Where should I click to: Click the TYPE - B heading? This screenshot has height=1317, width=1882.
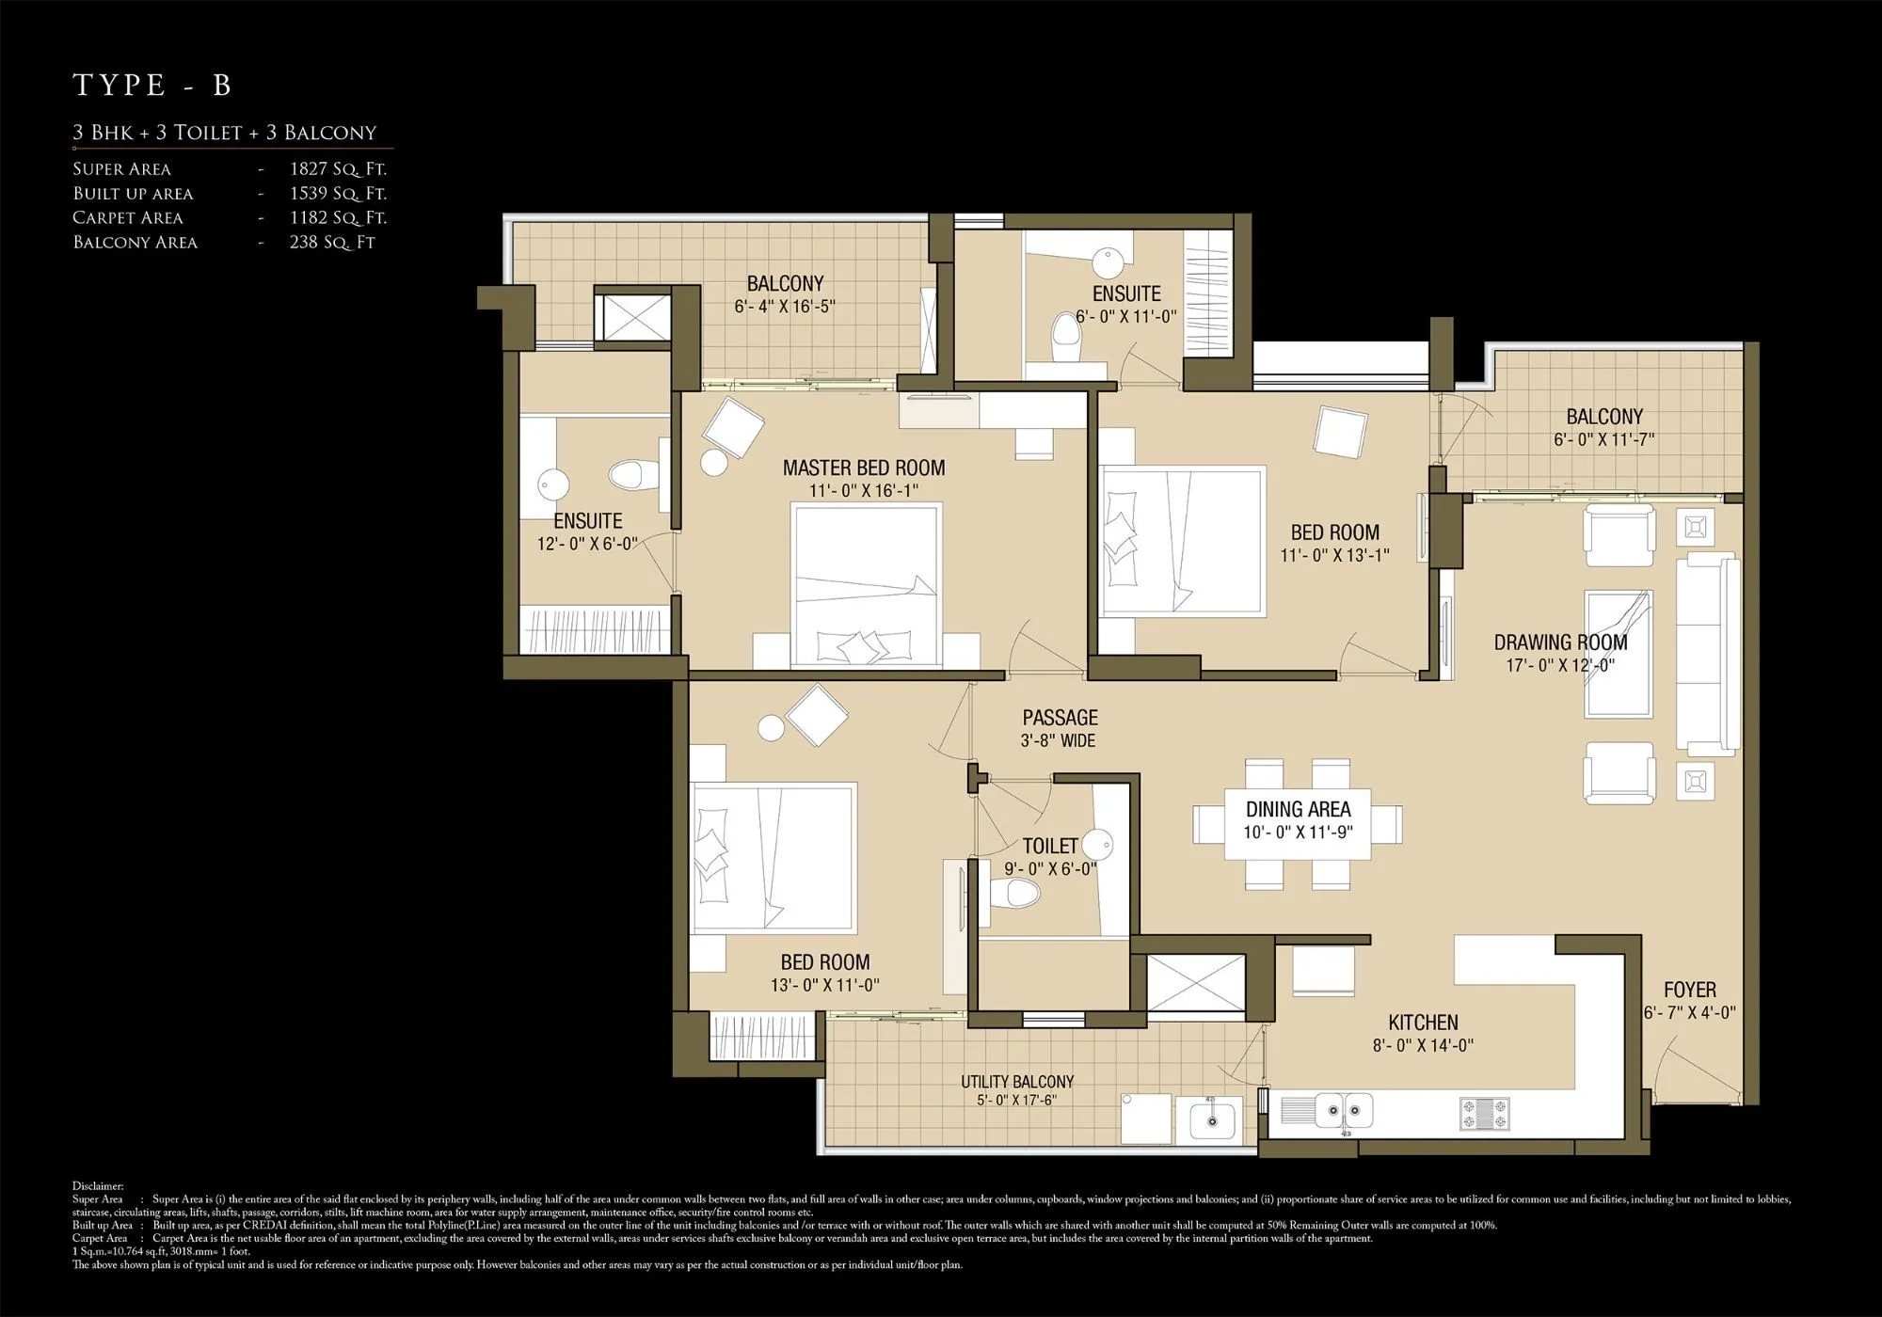tap(152, 85)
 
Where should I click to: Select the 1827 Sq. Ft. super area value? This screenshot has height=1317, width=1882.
tap(338, 169)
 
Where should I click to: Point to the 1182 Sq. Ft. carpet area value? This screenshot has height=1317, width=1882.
tap(338, 218)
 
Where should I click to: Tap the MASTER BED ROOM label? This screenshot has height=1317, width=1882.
tap(863, 468)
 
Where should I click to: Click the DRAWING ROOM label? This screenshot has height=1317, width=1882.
tap(1560, 643)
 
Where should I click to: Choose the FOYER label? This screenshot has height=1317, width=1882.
tap(1689, 990)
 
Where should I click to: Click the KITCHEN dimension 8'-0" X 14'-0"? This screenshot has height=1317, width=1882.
tap(1422, 1045)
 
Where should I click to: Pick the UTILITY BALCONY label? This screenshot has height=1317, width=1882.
tap(1016, 1082)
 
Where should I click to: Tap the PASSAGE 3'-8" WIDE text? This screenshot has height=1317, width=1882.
tap(1060, 729)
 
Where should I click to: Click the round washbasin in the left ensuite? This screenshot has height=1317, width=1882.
tap(553, 485)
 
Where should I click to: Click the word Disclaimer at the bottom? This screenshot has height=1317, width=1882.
tap(98, 1187)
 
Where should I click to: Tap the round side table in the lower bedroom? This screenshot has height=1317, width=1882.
tap(772, 728)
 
